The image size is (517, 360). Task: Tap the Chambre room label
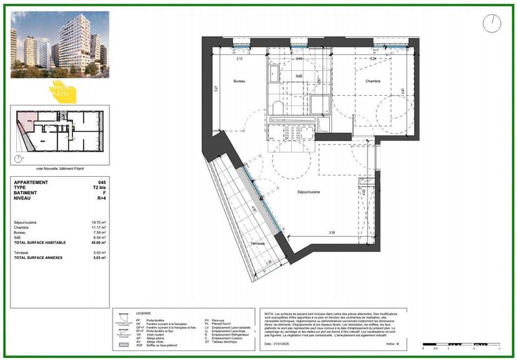click(355, 81)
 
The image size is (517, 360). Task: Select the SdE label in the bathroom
click(300, 77)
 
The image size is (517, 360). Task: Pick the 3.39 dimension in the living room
click(331, 232)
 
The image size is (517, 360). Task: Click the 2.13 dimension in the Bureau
click(239, 59)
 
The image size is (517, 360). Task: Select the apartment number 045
click(102, 183)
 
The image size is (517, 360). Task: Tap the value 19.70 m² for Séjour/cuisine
click(98, 222)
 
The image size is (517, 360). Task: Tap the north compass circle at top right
click(491, 23)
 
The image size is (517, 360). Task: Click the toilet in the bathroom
click(278, 107)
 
